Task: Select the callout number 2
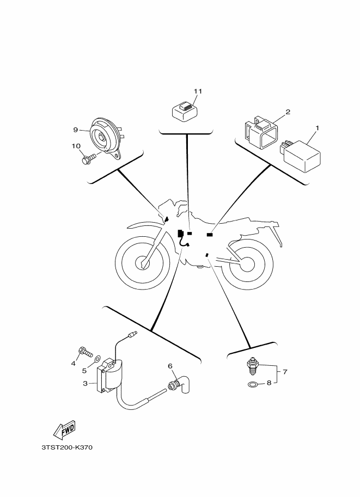coord(288,112)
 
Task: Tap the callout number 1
coord(317,128)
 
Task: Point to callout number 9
coord(76,130)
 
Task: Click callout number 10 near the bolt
coord(76,146)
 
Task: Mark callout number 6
coord(169,366)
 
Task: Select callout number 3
coord(86,384)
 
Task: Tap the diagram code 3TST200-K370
coord(68,448)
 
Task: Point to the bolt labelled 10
coord(88,159)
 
